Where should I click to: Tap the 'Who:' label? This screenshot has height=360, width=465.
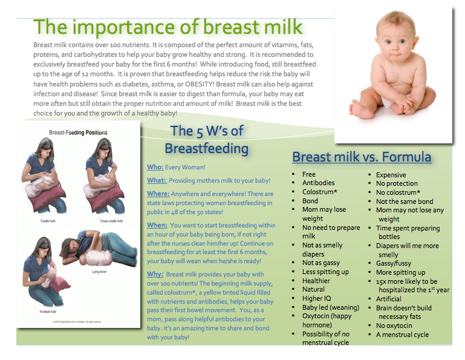[155, 166]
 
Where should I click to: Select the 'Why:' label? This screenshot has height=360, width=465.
[155, 274]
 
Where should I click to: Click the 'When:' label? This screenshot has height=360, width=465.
[157, 225]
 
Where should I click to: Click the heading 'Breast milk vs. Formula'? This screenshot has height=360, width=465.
[362, 157]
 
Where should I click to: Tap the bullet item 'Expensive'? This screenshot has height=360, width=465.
[394, 174]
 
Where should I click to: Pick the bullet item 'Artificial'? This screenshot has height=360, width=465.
[388, 298]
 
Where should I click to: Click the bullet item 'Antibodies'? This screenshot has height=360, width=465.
[319, 183]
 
